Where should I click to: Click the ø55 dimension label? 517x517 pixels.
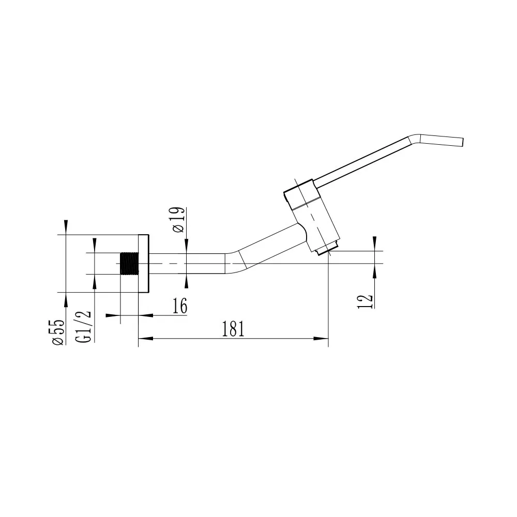58,332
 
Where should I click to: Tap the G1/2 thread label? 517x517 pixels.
83,326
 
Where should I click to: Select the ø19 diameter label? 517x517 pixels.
178,220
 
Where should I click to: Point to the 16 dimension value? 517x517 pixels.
180,306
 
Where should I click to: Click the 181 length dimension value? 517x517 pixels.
233,329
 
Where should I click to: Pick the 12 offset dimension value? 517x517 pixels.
366,301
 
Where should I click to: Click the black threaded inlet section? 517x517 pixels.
130,264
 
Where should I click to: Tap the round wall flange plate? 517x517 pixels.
144,264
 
